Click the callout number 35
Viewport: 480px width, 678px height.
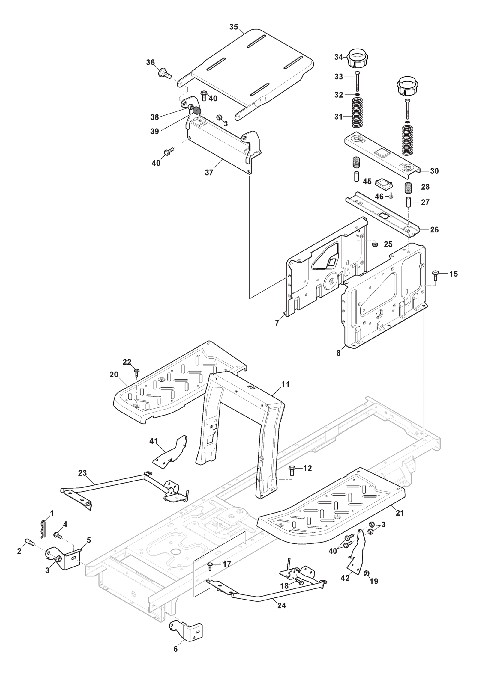pos(233,27)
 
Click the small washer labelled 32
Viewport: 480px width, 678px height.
pos(357,95)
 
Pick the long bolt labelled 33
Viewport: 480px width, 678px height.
pos(357,81)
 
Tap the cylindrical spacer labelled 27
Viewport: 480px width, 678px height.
pos(409,202)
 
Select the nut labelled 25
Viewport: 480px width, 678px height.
pos(374,244)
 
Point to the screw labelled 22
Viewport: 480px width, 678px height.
pos(137,372)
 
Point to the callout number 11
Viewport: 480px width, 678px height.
pos(285,384)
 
